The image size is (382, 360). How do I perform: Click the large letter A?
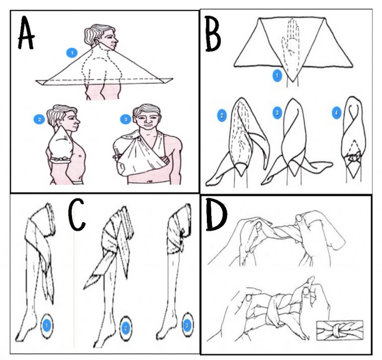tap(26, 33)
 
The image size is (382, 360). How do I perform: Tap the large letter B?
tap(213, 34)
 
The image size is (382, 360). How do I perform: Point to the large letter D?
tap(216, 214)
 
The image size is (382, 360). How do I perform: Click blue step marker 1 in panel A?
tap(72, 53)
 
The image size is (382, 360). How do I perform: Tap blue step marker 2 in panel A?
tap(39, 119)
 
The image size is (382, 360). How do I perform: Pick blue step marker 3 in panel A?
tap(126, 119)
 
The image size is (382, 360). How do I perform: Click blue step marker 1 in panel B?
tap(277, 76)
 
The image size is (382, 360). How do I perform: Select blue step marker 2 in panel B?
tap(222, 115)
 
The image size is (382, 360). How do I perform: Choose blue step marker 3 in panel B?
tap(277, 113)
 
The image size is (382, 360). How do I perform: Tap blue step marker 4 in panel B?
tap(336, 113)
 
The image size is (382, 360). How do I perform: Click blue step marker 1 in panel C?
tap(47, 326)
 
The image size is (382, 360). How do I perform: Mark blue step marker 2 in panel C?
tap(126, 328)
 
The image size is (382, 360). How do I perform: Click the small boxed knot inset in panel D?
tap(340, 330)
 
